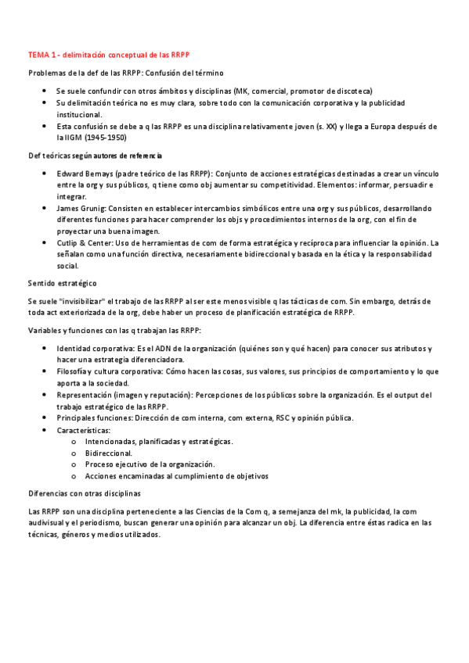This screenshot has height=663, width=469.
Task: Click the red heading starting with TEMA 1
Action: tap(109, 55)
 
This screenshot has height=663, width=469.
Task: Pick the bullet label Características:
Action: tap(84, 430)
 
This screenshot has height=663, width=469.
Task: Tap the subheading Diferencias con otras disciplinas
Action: tap(84, 493)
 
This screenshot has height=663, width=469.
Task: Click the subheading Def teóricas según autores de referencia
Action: tap(95, 156)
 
